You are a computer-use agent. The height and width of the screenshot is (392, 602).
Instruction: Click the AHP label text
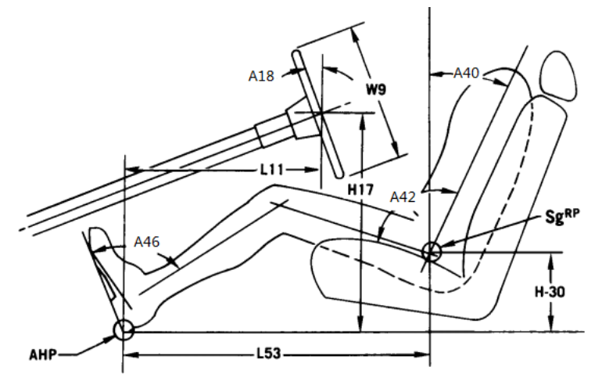43,354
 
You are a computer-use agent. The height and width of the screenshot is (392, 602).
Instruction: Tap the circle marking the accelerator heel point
124,329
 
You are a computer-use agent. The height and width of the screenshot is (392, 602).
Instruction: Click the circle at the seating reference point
431,252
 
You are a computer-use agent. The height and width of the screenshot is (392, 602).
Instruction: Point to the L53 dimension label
269,354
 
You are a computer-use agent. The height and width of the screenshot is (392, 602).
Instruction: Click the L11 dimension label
271,169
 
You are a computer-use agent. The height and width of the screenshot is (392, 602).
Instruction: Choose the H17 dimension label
360,189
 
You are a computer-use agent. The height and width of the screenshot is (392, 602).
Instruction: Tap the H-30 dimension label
550,292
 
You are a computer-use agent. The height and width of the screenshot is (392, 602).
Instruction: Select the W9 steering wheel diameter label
376,89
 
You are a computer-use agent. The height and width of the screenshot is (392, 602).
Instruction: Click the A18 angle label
261,76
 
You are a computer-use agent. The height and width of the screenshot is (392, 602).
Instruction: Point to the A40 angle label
466,73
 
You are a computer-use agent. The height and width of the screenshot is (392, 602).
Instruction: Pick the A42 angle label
403,197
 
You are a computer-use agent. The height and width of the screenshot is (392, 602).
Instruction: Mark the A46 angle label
147,242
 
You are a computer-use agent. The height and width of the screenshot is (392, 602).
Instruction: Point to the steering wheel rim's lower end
339,175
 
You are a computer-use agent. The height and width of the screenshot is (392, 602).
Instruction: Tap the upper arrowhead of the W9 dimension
357,38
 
